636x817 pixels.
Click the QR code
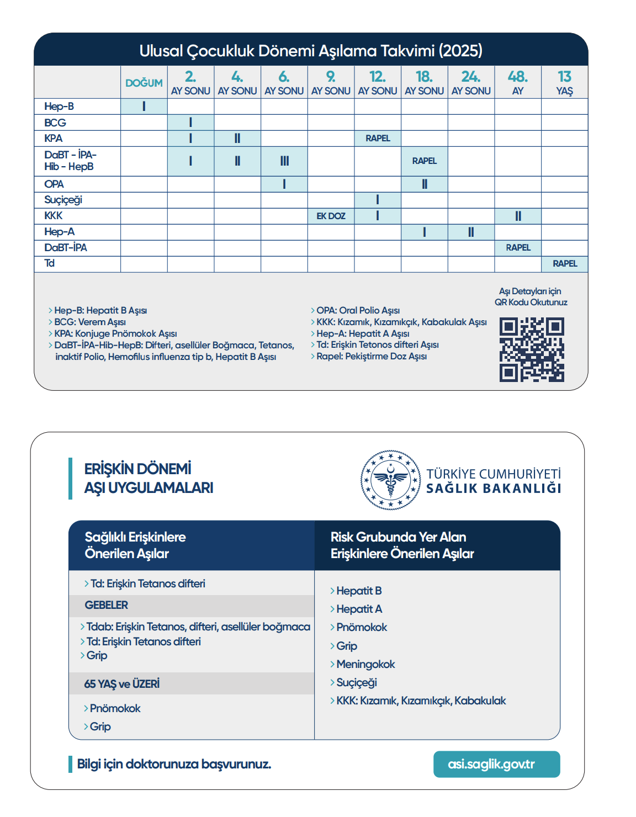click(532, 349)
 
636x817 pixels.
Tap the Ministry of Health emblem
click(390, 480)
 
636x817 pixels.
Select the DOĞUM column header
click(144, 83)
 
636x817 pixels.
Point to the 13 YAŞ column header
click(564, 83)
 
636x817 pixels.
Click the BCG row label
click(55, 123)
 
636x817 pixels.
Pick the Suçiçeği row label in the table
click(63, 200)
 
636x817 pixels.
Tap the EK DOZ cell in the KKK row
click(331, 216)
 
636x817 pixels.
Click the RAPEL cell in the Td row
click(565, 264)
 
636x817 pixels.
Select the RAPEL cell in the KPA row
click(378, 138)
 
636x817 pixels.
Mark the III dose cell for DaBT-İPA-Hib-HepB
click(284, 161)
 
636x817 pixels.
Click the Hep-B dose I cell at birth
click(144, 107)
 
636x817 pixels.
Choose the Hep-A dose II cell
click(471, 232)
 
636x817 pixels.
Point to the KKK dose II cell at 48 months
click(518, 216)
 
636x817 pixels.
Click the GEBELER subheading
click(107, 605)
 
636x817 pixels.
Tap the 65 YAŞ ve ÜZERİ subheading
click(122, 684)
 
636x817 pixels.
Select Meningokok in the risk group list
click(365, 664)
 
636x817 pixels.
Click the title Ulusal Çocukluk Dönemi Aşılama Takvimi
click(311, 51)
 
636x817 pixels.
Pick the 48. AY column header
click(518, 83)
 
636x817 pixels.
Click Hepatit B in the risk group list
click(359, 591)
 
